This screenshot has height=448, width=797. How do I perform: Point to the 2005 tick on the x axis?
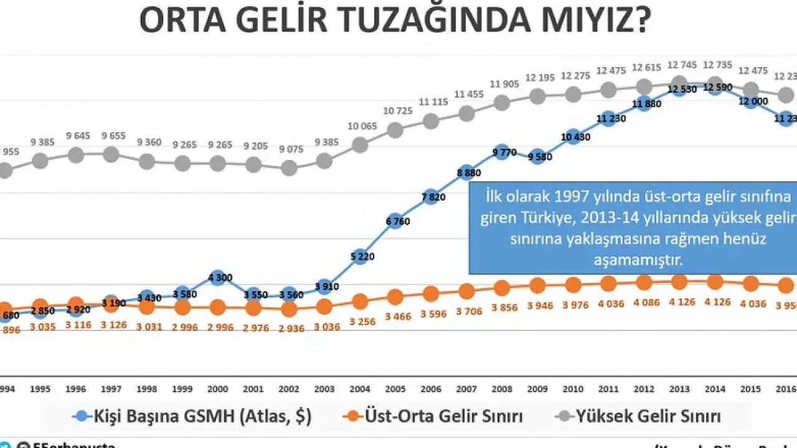point(395,390)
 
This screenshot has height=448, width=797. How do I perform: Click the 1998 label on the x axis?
point(146,390)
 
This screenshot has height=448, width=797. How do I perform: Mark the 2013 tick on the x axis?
point(679,390)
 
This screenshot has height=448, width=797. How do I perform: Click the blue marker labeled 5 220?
point(359,257)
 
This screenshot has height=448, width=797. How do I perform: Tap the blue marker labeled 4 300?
point(218,278)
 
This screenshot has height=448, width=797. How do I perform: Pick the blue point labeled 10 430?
point(573,137)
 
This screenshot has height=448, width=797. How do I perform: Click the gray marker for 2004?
point(359,145)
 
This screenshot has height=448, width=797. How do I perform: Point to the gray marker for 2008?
point(502,103)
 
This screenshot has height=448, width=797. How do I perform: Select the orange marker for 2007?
point(466,291)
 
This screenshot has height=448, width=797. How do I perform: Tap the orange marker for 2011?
point(609,284)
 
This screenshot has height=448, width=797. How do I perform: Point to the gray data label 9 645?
point(77,135)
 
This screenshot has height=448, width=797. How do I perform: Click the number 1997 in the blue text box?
point(567,197)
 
